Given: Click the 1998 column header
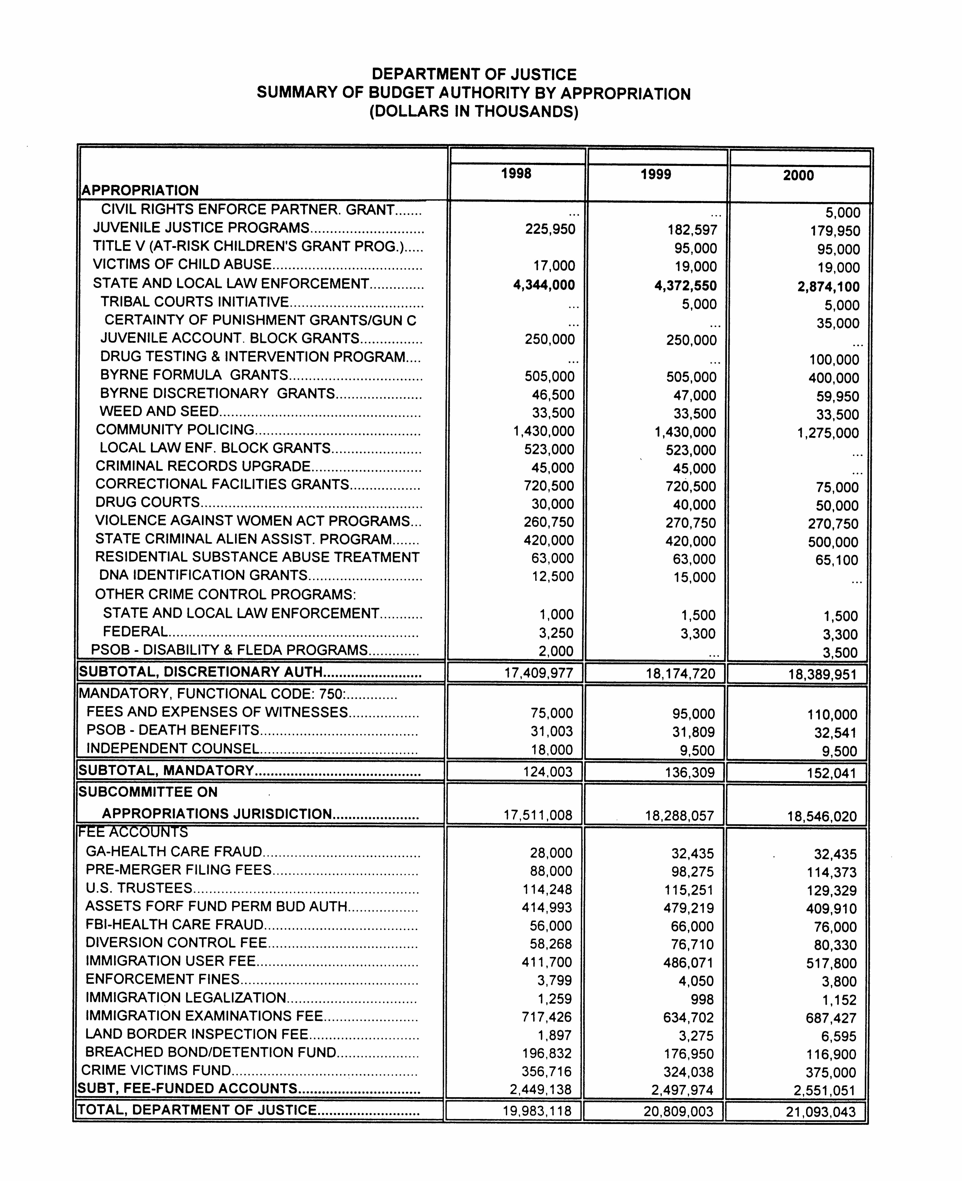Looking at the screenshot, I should tap(516, 174).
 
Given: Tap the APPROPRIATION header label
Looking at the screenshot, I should tap(140, 191).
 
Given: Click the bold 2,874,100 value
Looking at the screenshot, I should tap(828, 287).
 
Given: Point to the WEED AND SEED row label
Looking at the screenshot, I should tap(159, 411).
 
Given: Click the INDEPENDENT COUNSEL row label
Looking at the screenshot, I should tap(172, 749).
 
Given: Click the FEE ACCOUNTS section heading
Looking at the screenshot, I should tap(133, 832).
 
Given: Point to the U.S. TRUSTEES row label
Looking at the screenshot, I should tap(138, 888).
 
